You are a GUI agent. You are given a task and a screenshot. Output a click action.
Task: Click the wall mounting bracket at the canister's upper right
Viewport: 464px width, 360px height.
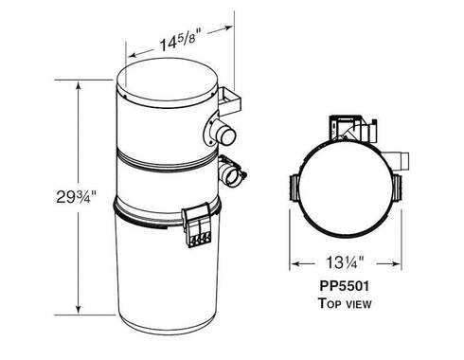(x=231, y=98)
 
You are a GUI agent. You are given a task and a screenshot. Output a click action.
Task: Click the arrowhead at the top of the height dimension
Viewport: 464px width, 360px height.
(x=77, y=82)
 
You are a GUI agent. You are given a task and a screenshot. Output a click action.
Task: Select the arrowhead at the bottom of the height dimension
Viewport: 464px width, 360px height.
(x=77, y=310)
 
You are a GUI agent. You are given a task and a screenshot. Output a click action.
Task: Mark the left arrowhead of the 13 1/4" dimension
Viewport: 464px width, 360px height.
(x=295, y=263)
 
